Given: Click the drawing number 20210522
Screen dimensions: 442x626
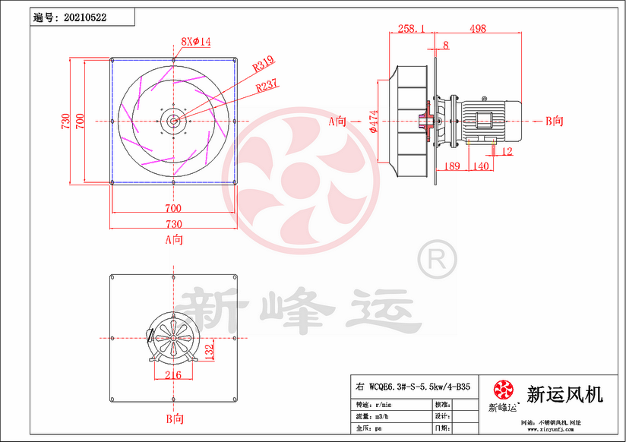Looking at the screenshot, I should click(x=86, y=16).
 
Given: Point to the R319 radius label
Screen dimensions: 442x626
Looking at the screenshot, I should click(x=264, y=66).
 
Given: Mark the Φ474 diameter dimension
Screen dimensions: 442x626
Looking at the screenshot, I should click(x=374, y=122).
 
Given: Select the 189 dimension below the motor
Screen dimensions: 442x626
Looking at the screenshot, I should click(x=451, y=166).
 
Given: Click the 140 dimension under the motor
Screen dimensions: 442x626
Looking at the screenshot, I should click(x=480, y=166).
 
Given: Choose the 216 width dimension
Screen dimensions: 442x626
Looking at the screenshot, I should click(x=172, y=374).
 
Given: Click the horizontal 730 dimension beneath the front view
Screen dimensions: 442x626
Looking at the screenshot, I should click(x=174, y=224).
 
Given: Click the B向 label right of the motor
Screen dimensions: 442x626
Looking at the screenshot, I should click(x=555, y=121).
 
